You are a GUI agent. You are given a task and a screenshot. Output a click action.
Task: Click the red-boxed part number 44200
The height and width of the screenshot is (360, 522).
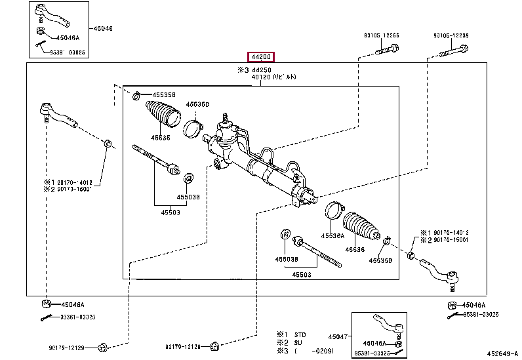(x=260, y=57)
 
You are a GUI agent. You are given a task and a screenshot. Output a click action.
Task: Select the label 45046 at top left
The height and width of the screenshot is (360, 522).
(x=102, y=28)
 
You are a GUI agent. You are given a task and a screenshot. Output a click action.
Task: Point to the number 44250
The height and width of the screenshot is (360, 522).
(x=262, y=70)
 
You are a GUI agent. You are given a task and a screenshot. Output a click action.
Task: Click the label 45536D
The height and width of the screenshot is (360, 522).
(x=197, y=104)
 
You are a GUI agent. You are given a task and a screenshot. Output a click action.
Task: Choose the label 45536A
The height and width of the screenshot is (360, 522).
(x=332, y=237)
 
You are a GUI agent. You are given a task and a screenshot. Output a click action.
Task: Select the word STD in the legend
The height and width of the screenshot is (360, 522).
(x=300, y=333)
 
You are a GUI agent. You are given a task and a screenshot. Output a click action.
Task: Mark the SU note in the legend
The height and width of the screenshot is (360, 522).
(x=298, y=342)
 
